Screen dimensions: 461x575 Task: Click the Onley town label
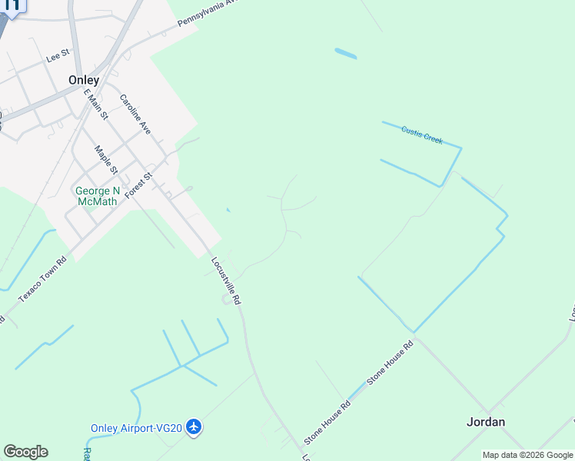coord(83,80)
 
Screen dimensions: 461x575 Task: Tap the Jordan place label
coord(486,422)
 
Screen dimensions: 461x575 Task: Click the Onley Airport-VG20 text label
coord(136,428)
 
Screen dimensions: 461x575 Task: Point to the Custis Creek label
coord(422,135)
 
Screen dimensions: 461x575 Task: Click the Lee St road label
coord(58,56)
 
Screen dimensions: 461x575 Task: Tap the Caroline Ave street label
coord(135,114)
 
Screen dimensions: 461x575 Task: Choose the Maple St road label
coord(105,160)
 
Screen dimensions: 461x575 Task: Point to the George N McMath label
coord(96,196)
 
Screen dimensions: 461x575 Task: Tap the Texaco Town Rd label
coord(43,279)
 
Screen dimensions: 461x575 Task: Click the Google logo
coord(25,452)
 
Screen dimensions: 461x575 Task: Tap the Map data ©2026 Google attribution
coord(527,455)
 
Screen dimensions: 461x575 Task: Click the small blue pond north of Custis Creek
coord(345,54)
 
